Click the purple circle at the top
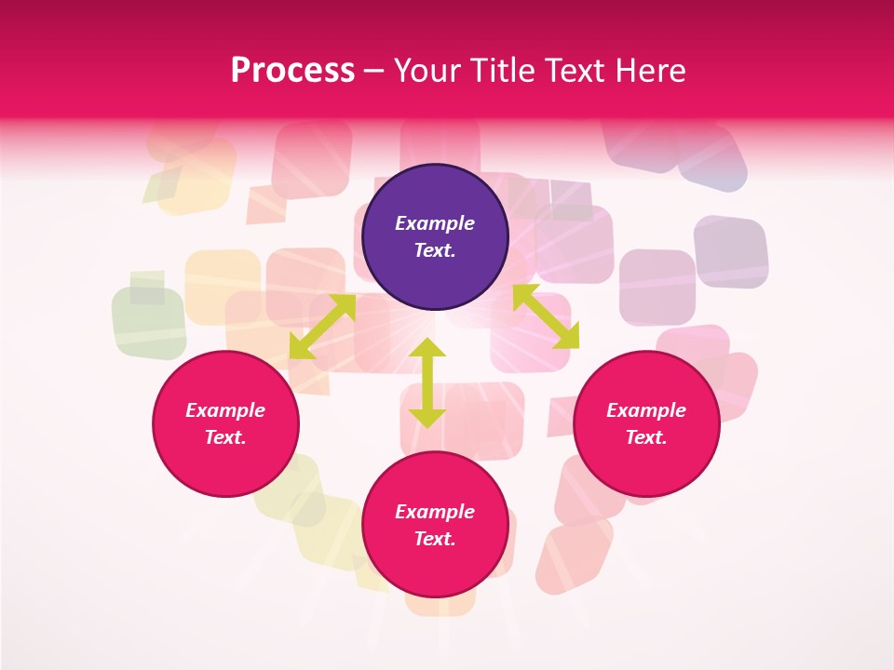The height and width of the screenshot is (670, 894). tap(435, 236)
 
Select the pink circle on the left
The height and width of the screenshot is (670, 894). tap(225, 424)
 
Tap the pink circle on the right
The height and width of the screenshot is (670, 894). tap(646, 424)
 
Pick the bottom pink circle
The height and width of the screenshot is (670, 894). tap(435, 525)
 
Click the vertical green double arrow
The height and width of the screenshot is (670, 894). tap(427, 382)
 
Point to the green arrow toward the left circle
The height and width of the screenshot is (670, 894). tap(322, 326)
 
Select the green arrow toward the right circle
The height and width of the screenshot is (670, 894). tap(546, 316)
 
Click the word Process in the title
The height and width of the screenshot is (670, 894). tap(292, 71)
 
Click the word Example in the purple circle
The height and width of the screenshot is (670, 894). tap(435, 223)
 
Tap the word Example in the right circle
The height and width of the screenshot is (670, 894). tap(646, 410)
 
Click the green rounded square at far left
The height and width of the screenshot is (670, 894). tap(149, 322)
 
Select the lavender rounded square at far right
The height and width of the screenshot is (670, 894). tap(731, 251)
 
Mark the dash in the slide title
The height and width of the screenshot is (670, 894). tap(374, 71)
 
